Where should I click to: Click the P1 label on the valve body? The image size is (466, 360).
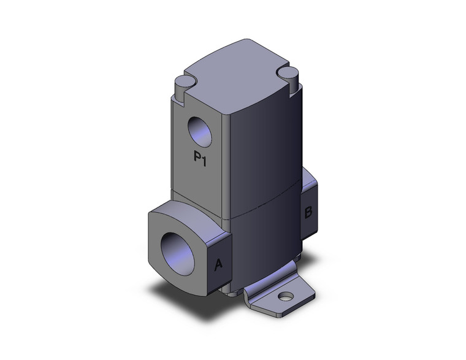coord(199,158)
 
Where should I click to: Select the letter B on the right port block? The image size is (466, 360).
coord(308,212)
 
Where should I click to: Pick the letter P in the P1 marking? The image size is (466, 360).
coord(196,158)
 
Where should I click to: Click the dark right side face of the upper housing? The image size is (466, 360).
coord(264,147)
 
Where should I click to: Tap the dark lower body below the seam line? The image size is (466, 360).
coord(264,245)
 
